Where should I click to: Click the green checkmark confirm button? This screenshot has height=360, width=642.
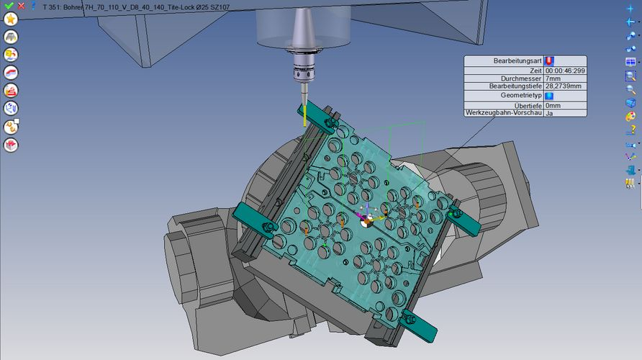pyautogui.click(x=9, y=5)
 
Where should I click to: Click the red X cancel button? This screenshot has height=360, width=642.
pyautogui.click(x=21, y=5)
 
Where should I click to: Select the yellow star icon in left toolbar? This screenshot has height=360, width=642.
pyautogui.click(x=11, y=18)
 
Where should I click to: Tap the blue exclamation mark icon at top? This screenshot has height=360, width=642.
pyautogui.click(x=33, y=5)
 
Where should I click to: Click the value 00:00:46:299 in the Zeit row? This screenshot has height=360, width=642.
pyautogui.click(x=564, y=71)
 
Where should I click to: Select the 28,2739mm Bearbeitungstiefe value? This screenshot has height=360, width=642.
pyautogui.click(x=563, y=86)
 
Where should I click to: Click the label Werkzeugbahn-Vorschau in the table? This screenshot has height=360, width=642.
pyautogui.click(x=503, y=112)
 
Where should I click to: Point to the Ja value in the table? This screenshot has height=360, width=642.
pyautogui.click(x=549, y=113)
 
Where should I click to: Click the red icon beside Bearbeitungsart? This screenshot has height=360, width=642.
pyautogui.click(x=549, y=61)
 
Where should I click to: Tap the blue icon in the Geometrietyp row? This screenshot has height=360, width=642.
pyautogui.click(x=549, y=95)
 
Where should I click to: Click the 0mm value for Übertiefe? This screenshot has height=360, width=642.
pyautogui.click(x=553, y=105)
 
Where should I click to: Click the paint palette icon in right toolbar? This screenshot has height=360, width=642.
pyautogui.click(x=630, y=116)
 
